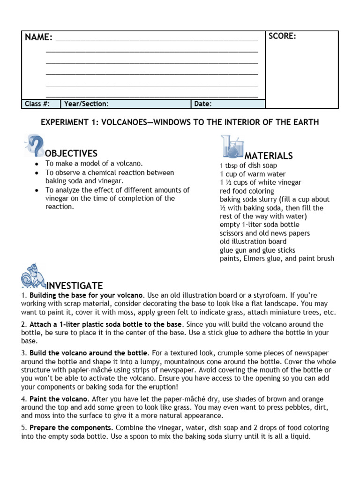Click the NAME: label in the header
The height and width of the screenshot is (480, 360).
click(38, 37)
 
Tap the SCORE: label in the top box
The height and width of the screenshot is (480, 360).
click(282, 37)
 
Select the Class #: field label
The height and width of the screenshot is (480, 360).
click(36, 104)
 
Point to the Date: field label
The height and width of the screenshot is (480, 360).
click(202, 104)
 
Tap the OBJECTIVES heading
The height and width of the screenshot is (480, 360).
click(71, 154)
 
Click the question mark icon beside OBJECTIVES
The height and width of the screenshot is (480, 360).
click(35, 146)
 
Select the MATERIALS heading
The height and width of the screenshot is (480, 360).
click(269, 156)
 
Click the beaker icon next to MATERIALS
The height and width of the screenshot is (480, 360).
click(232, 147)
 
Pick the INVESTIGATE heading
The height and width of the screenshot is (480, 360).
click(75, 286)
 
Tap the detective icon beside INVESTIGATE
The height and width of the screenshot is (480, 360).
click(33, 277)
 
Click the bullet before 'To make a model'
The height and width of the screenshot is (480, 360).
click(37, 164)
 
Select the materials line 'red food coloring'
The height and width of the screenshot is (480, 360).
click(247, 191)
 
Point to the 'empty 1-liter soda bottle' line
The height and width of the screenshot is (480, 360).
click(259, 225)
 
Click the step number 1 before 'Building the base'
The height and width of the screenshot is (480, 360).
click(23, 296)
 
